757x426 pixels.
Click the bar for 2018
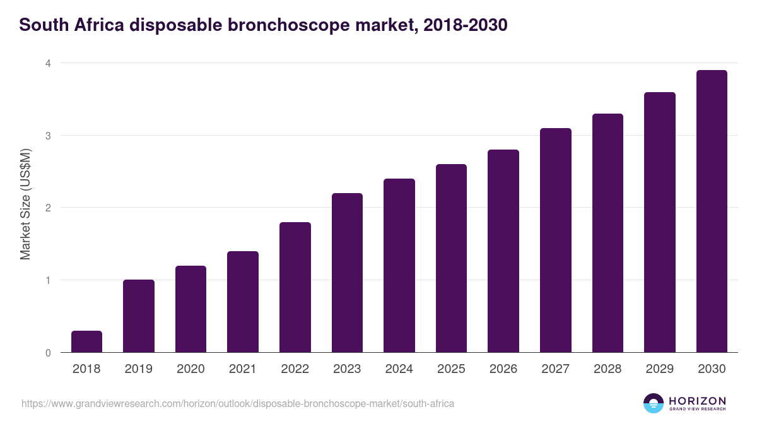coord(86,341)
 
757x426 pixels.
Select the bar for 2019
coord(139,316)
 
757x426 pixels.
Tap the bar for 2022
coord(295,287)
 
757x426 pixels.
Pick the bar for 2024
coord(399,265)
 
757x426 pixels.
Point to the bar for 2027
coord(555,240)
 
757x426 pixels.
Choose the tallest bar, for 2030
coord(712,211)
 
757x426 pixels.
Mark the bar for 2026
coord(503,251)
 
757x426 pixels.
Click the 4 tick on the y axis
coord(47,63)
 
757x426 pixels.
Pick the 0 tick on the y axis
coord(47,353)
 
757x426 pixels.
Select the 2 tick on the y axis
coord(47,208)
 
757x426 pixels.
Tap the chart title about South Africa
coord(263,25)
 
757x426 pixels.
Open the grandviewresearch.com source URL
coord(238,403)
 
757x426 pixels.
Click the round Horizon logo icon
coord(654,403)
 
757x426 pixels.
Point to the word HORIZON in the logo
coord(697,401)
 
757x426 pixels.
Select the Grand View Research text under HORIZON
coord(697,410)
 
